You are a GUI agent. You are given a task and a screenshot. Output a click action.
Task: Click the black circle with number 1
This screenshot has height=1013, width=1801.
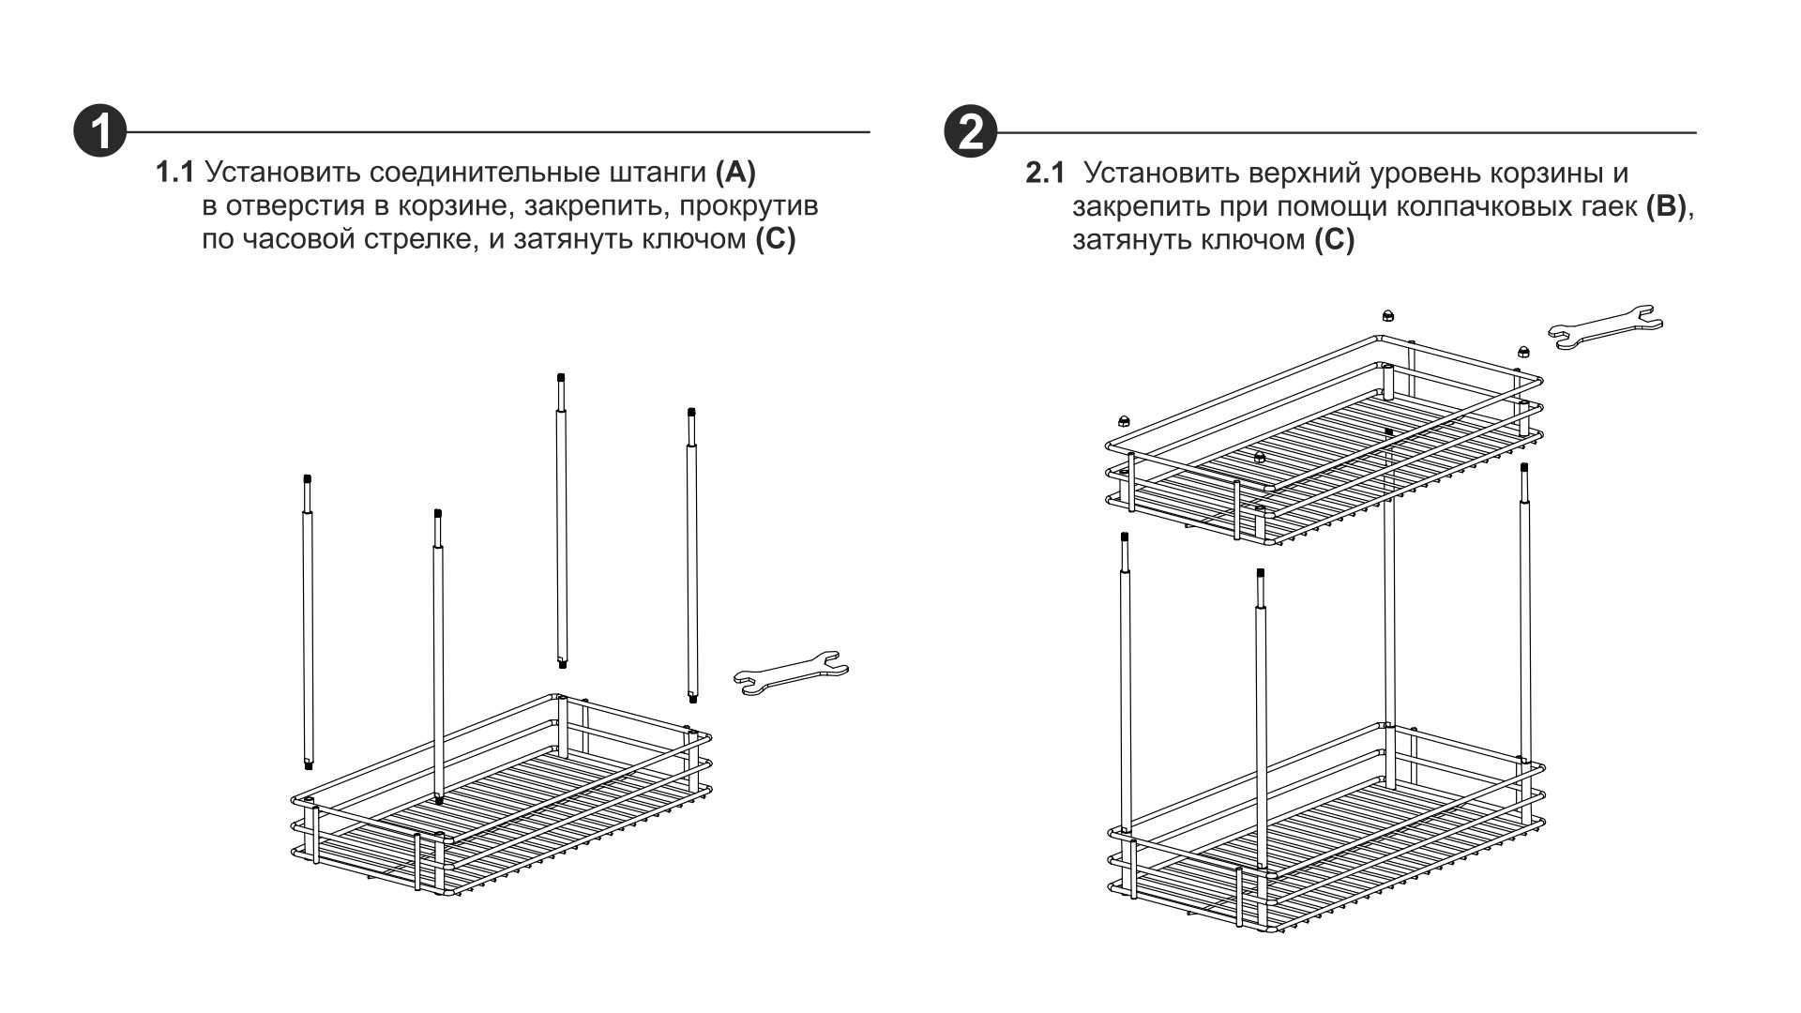click(100, 131)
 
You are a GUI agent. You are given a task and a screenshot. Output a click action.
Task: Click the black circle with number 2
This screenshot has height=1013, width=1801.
click(970, 131)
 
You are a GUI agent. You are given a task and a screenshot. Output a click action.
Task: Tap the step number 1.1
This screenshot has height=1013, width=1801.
click(174, 173)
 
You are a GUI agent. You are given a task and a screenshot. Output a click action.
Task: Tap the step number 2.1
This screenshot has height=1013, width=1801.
click(1045, 174)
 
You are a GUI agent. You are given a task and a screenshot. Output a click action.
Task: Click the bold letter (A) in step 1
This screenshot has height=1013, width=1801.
click(735, 173)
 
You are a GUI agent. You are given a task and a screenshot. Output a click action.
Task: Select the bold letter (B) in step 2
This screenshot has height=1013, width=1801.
click(1667, 206)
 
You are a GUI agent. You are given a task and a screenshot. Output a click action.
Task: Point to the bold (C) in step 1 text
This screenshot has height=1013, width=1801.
click(776, 239)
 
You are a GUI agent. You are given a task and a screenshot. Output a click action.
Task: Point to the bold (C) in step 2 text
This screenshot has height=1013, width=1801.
click(1334, 240)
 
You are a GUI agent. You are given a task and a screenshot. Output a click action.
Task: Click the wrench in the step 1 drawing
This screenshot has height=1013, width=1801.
click(791, 672)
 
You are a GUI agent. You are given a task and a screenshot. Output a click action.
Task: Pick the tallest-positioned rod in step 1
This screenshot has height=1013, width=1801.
click(561, 521)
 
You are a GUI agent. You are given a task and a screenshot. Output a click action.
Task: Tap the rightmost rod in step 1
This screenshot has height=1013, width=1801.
click(692, 555)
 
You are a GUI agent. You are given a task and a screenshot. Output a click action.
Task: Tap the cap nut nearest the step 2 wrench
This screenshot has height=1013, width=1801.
click(1523, 353)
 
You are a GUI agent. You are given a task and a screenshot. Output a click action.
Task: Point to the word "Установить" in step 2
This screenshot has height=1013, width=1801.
click(1162, 174)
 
